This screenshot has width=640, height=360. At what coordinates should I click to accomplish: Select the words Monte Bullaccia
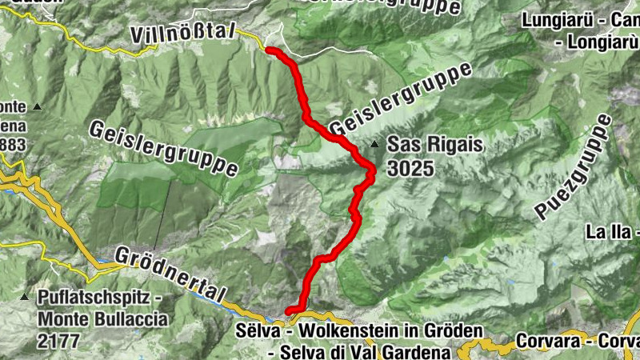click(103, 319)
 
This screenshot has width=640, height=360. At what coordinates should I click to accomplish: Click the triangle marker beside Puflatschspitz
click(24, 298)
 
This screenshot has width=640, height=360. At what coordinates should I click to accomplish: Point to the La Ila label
click(610, 233)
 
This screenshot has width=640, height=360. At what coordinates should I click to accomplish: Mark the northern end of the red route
click(268, 50)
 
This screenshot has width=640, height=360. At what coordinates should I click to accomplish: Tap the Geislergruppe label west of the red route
click(164, 150)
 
